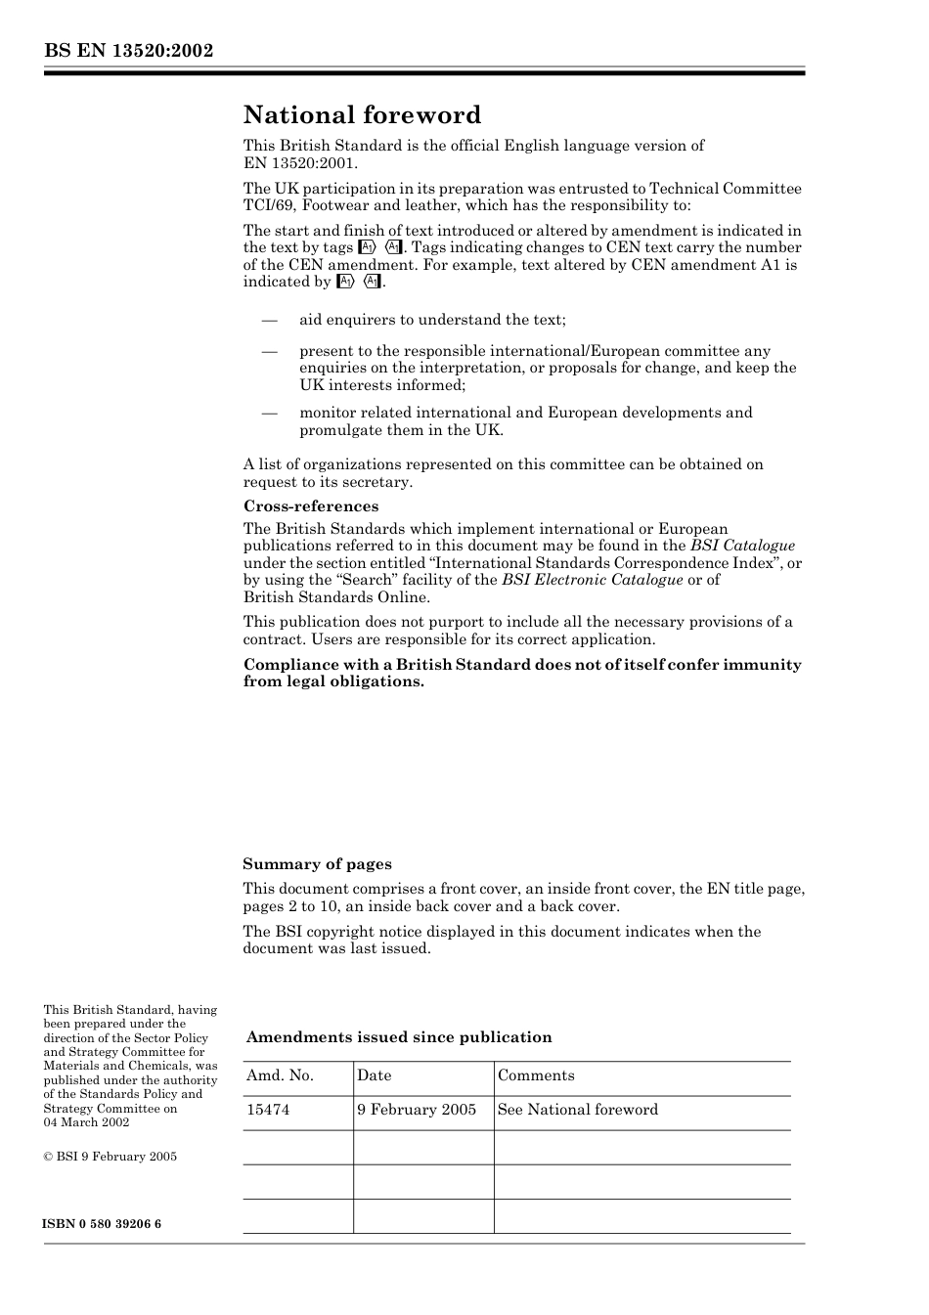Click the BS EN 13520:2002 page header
128,51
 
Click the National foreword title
362,115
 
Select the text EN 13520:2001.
299,163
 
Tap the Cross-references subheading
310,506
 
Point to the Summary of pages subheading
317,864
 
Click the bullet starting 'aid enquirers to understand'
432,320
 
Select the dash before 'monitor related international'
269,413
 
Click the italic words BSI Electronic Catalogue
592,580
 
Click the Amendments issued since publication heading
398,1037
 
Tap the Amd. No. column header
280,1075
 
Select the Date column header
374,1075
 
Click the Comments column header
536,1075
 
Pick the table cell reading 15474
268,1110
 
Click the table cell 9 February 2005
417,1110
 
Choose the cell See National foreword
577,1110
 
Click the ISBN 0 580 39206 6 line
103,1224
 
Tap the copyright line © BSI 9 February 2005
110,1157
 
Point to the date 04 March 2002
86,1122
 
